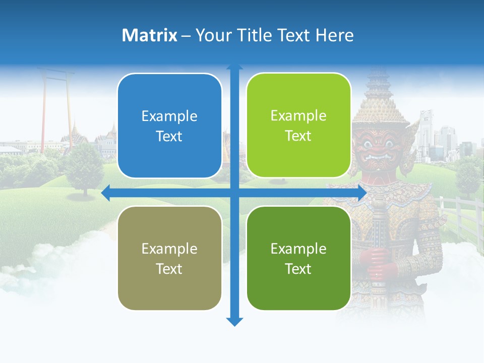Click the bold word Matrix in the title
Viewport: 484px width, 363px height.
click(149, 35)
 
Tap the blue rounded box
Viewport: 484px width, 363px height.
click(169, 126)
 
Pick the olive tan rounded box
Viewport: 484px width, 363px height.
click(169, 258)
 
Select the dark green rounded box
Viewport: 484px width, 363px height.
click(298, 258)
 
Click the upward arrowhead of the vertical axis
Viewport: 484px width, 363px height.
click(234, 68)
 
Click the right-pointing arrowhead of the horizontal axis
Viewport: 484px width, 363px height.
click(362, 192)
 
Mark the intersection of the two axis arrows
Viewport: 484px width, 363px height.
click(234, 192)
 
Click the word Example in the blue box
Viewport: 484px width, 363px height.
click(169, 116)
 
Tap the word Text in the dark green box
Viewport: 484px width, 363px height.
click(298, 269)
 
